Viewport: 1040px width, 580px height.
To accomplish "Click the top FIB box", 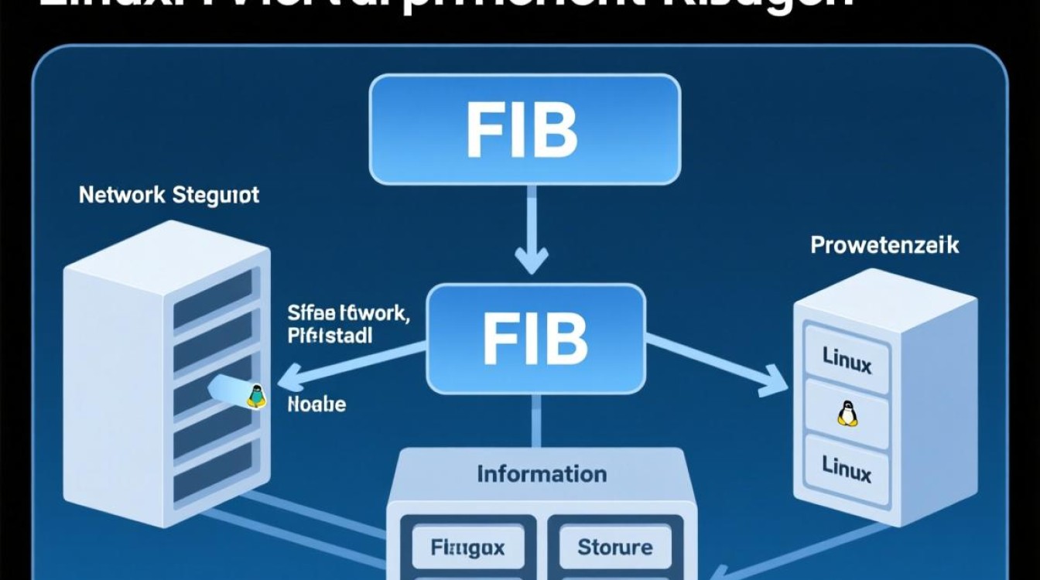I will [525, 129].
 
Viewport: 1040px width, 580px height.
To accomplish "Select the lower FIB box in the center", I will [535, 338].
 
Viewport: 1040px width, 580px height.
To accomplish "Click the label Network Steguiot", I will [169, 195].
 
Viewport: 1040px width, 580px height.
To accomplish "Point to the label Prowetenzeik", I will [884, 246].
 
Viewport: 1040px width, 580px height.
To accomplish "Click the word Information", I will [542, 473].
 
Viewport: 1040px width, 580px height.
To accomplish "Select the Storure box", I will [615, 548].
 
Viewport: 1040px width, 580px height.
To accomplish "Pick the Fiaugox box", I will [467, 548].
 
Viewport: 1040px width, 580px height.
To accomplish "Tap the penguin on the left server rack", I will [255, 395].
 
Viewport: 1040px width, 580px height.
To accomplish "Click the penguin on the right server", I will [847, 415].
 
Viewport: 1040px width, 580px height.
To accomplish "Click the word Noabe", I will [316, 404].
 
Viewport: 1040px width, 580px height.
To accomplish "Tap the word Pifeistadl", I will [330, 336].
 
